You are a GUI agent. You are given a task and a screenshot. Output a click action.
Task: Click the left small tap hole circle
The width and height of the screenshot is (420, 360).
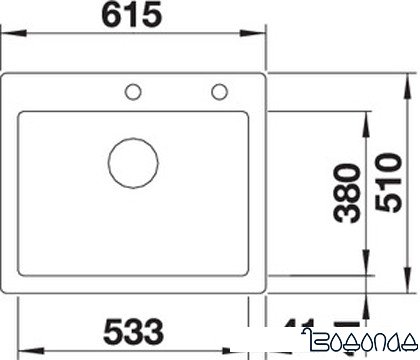(x=131, y=94)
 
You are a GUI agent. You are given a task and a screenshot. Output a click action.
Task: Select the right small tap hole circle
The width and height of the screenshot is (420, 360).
(x=217, y=94)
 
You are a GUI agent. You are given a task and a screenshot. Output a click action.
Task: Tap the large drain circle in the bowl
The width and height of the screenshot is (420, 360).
(x=132, y=161)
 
